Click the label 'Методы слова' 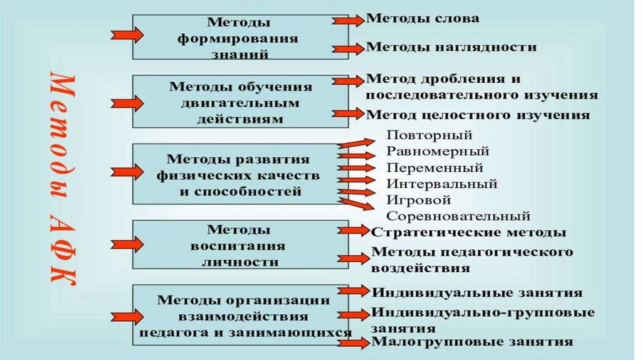(x=423, y=18)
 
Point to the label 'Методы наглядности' (x=451, y=46)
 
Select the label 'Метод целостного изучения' (x=477, y=115)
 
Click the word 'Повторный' (x=429, y=135)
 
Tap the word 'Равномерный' (x=438, y=151)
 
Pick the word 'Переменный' (x=434, y=167)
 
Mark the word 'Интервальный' (x=441, y=184)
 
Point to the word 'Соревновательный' (x=458, y=216)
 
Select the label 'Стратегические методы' (x=469, y=232)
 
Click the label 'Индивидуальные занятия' (x=477, y=293)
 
